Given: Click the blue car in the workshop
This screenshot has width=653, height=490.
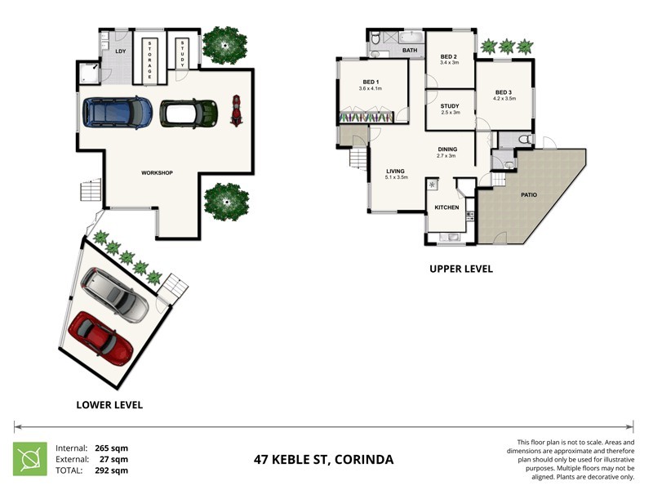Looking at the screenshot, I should (x=118, y=113).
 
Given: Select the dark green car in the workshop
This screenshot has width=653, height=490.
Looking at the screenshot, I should (x=189, y=113).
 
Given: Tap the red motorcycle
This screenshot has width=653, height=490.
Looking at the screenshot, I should (x=237, y=111).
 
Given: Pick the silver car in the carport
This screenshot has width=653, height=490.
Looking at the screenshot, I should (x=116, y=296).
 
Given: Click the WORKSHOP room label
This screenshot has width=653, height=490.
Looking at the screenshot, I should (x=157, y=172).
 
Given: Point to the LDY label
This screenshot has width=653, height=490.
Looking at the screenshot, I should (x=120, y=52).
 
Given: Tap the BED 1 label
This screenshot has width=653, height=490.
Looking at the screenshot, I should (x=371, y=82).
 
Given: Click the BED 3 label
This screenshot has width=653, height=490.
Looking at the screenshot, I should (x=504, y=92).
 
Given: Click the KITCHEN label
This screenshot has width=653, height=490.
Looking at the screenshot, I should (x=446, y=207).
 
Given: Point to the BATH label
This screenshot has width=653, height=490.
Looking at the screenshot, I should (x=410, y=51).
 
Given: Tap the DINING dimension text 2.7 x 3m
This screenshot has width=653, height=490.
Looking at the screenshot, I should (x=446, y=156).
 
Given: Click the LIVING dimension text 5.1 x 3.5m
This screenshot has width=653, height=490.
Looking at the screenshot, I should (x=397, y=176).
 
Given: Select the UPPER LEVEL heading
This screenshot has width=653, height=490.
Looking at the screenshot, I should (x=461, y=269).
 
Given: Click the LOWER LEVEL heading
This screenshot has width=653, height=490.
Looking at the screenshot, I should (x=109, y=404).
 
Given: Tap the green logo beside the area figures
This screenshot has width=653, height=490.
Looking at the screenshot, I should (x=29, y=458).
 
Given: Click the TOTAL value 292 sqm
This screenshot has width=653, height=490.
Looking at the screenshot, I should (x=113, y=470).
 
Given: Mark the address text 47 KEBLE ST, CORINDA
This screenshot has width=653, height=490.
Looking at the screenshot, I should (x=323, y=460).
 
